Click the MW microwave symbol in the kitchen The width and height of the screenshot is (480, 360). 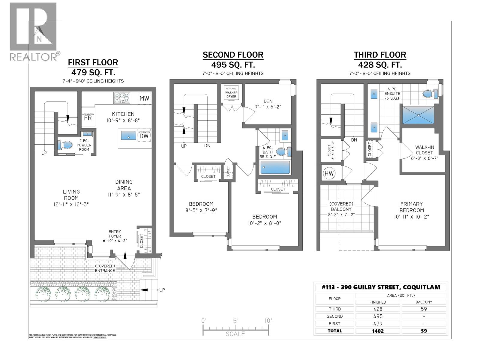click(144, 98)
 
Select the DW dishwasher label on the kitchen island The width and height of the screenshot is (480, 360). click(144, 136)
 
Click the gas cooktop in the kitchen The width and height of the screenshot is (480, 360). click(121, 98)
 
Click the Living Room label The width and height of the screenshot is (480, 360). click(71, 195)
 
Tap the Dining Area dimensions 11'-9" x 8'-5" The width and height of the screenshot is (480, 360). click(124, 195)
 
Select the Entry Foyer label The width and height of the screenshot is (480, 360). click(115, 234)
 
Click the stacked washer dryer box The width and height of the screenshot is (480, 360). click(231, 92)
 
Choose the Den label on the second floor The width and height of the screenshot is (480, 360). click(268, 101)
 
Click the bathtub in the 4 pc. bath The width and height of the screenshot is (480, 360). click(275, 167)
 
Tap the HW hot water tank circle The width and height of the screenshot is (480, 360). click(329, 173)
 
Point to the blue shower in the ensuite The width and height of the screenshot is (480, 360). click(418, 115)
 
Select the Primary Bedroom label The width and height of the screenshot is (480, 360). click(412, 207)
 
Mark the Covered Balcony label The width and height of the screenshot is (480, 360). click(341, 206)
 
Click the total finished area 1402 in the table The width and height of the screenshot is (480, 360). click(378, 331)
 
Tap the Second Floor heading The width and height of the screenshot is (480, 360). click(233, 55)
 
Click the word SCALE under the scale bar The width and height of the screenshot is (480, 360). click(235, 334)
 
